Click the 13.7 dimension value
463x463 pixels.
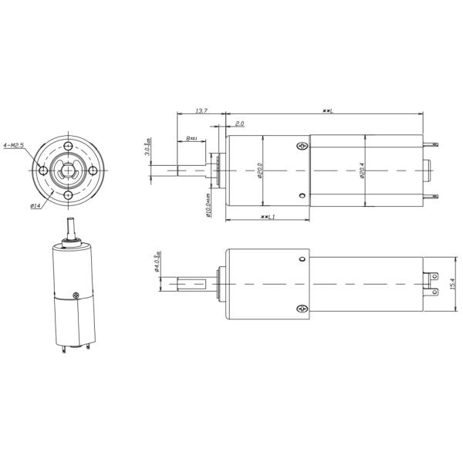coord(200,112)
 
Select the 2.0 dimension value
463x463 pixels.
coord(239,123)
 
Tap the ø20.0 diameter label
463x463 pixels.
coord(260,171)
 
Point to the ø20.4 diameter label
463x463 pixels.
coord(361,171)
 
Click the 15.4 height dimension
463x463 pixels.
coord(452,283)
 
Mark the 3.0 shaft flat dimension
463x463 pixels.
coord(148,148)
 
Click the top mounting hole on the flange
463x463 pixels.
coord(69,147)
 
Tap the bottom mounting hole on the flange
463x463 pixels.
coord(69,195)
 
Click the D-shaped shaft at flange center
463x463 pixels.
coord(69,171)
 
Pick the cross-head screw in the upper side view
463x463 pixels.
coord(301,146)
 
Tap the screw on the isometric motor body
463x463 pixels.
coord(75,295)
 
